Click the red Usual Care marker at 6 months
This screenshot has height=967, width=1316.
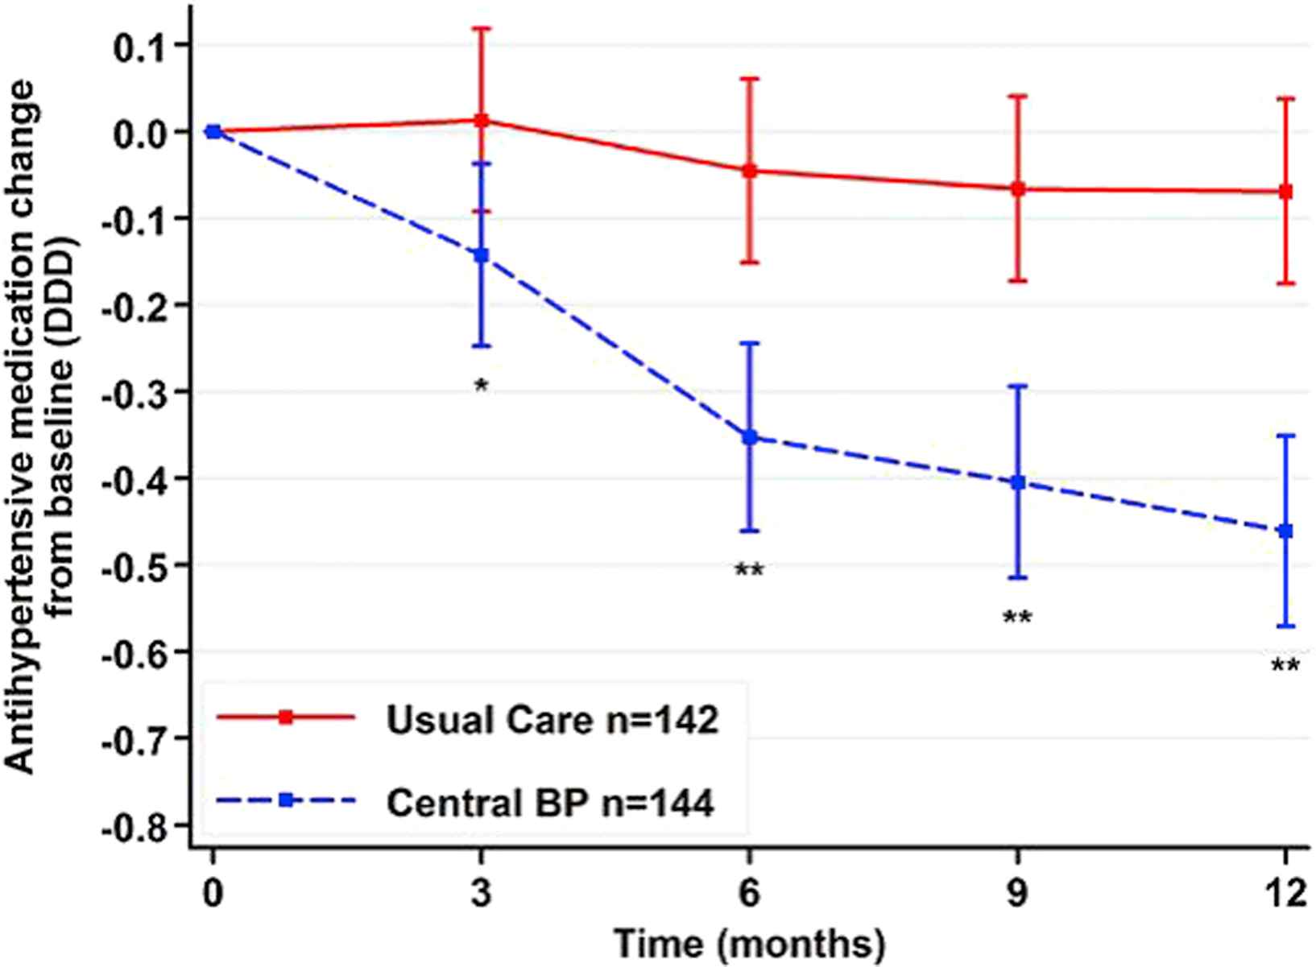pyautogui.click(x=750, y=171)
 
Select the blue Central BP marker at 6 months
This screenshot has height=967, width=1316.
pyautogui.click(x=750, y=437)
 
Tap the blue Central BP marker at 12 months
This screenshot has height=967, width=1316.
pyautogui.click(x=1285, y=531)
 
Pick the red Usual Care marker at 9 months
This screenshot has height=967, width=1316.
pyautogui.click(x=1018, y=189)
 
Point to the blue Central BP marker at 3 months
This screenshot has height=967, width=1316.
pyautogui.click(x=482, y=255)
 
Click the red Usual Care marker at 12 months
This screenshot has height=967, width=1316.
pyautogui.click(x=1285, y=192)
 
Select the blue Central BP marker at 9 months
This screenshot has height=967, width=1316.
pyautogui.click(x=1018, y=482)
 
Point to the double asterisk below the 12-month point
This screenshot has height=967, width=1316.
pyautogui.click(x=1285, y=667)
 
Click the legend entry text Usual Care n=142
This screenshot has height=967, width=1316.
pyautogui.click(x=552, y=720)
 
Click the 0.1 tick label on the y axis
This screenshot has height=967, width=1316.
pyautogui.click(x=139, y=45)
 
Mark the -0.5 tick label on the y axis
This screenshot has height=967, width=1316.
pyautogui.click(x=132, y=565)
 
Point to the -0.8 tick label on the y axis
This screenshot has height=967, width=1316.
pyautogui.click(x=132, y=826)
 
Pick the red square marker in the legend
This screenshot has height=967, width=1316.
pyautogui.click(x=285, y=717)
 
